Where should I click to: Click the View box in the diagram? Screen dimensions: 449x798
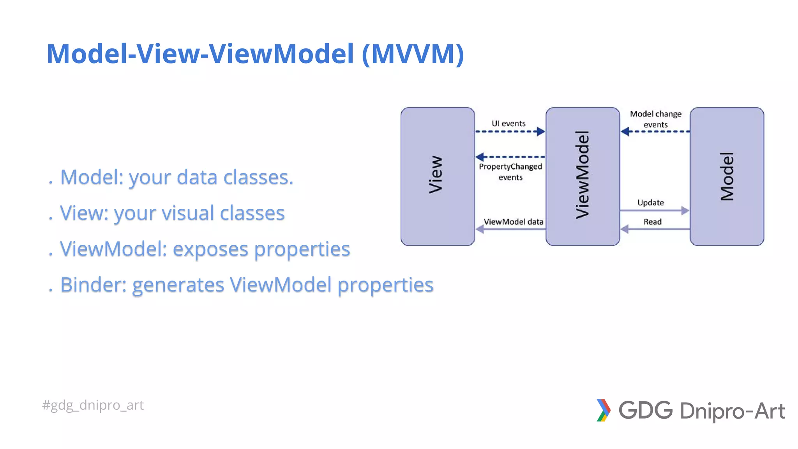[x=437, y=176]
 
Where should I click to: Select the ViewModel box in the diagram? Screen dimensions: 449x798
[x=583, y=176]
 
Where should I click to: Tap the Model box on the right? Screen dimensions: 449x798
[x=727, y=176]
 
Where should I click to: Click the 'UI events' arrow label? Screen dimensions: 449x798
[x=508, y=124]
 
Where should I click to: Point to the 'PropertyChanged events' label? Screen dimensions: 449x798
[x=510, y=172]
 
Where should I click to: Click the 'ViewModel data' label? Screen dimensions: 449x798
[x=513, y=222]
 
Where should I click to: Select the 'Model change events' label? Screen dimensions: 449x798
[x=655, y=119]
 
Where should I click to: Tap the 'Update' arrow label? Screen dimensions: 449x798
[x=650, y=203]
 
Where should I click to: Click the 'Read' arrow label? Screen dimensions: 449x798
[x=652, y=222]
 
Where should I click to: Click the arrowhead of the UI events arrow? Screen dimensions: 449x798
[x=541, y=132]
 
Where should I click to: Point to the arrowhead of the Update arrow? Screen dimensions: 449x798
[x=685, y=210]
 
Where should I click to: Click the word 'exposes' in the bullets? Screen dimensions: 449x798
[x=210, y=249]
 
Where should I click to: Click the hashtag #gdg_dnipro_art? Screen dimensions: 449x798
[x=93, y=405]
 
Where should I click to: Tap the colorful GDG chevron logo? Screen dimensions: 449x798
[x=603, y=410]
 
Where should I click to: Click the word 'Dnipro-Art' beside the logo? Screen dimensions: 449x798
[x=732, y=411]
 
